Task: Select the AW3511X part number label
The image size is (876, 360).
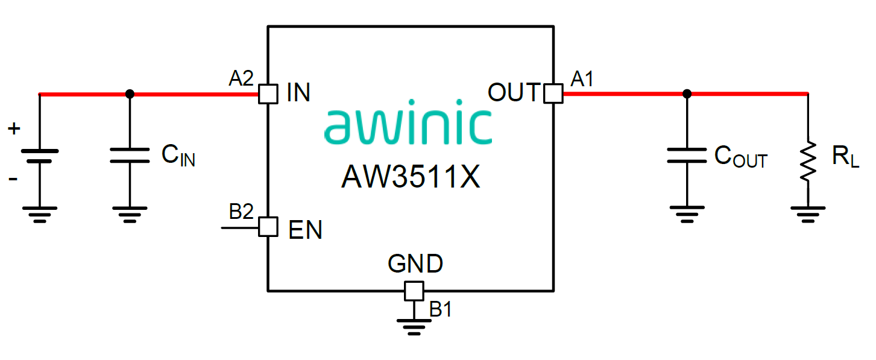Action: pyautogui.click(x=411, y=177)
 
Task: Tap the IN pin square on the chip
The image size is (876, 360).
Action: pyautogui.click(x=268, y=93)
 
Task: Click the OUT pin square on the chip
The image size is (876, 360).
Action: pyautogui.click(x=553, y=93)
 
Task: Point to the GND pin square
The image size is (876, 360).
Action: pyautogui.click(x=413, y=291)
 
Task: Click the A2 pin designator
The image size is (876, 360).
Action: pyautogui.click(x=241, y=78)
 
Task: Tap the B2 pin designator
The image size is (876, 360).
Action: pyautogui.click(x=241, y=212)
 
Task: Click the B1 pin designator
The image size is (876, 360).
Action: pyautogui.click(x=441, y=309)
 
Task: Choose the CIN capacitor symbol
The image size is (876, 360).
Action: pyautogui.click(x=130, y=155)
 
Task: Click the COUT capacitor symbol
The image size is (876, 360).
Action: pyautogui.click(x=687, y=155)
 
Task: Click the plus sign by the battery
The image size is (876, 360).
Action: pyautogui.click(x=14, y=128)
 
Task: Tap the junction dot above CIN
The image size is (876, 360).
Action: pyautogui.click(x=130, y=93)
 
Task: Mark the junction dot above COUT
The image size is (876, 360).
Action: pyautogui.click(x=687, y=93)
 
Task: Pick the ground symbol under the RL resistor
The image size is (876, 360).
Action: pyautogui.click(x=808, y=213)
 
